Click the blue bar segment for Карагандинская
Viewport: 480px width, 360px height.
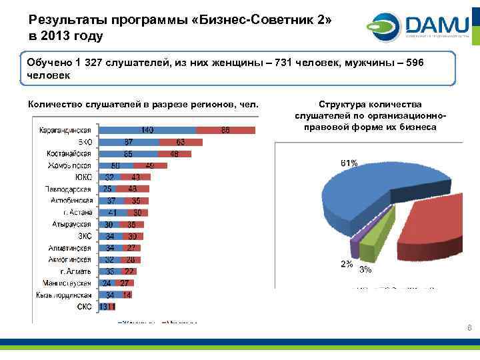147,130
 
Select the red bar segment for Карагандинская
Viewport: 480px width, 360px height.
226,130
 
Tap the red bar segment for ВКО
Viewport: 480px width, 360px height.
181,142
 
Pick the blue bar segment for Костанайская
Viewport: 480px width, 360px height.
128,154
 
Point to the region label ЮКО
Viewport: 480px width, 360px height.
83,177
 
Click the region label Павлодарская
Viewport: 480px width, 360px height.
69,189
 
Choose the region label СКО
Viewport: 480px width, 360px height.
84,307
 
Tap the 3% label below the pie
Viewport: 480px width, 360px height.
365,270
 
